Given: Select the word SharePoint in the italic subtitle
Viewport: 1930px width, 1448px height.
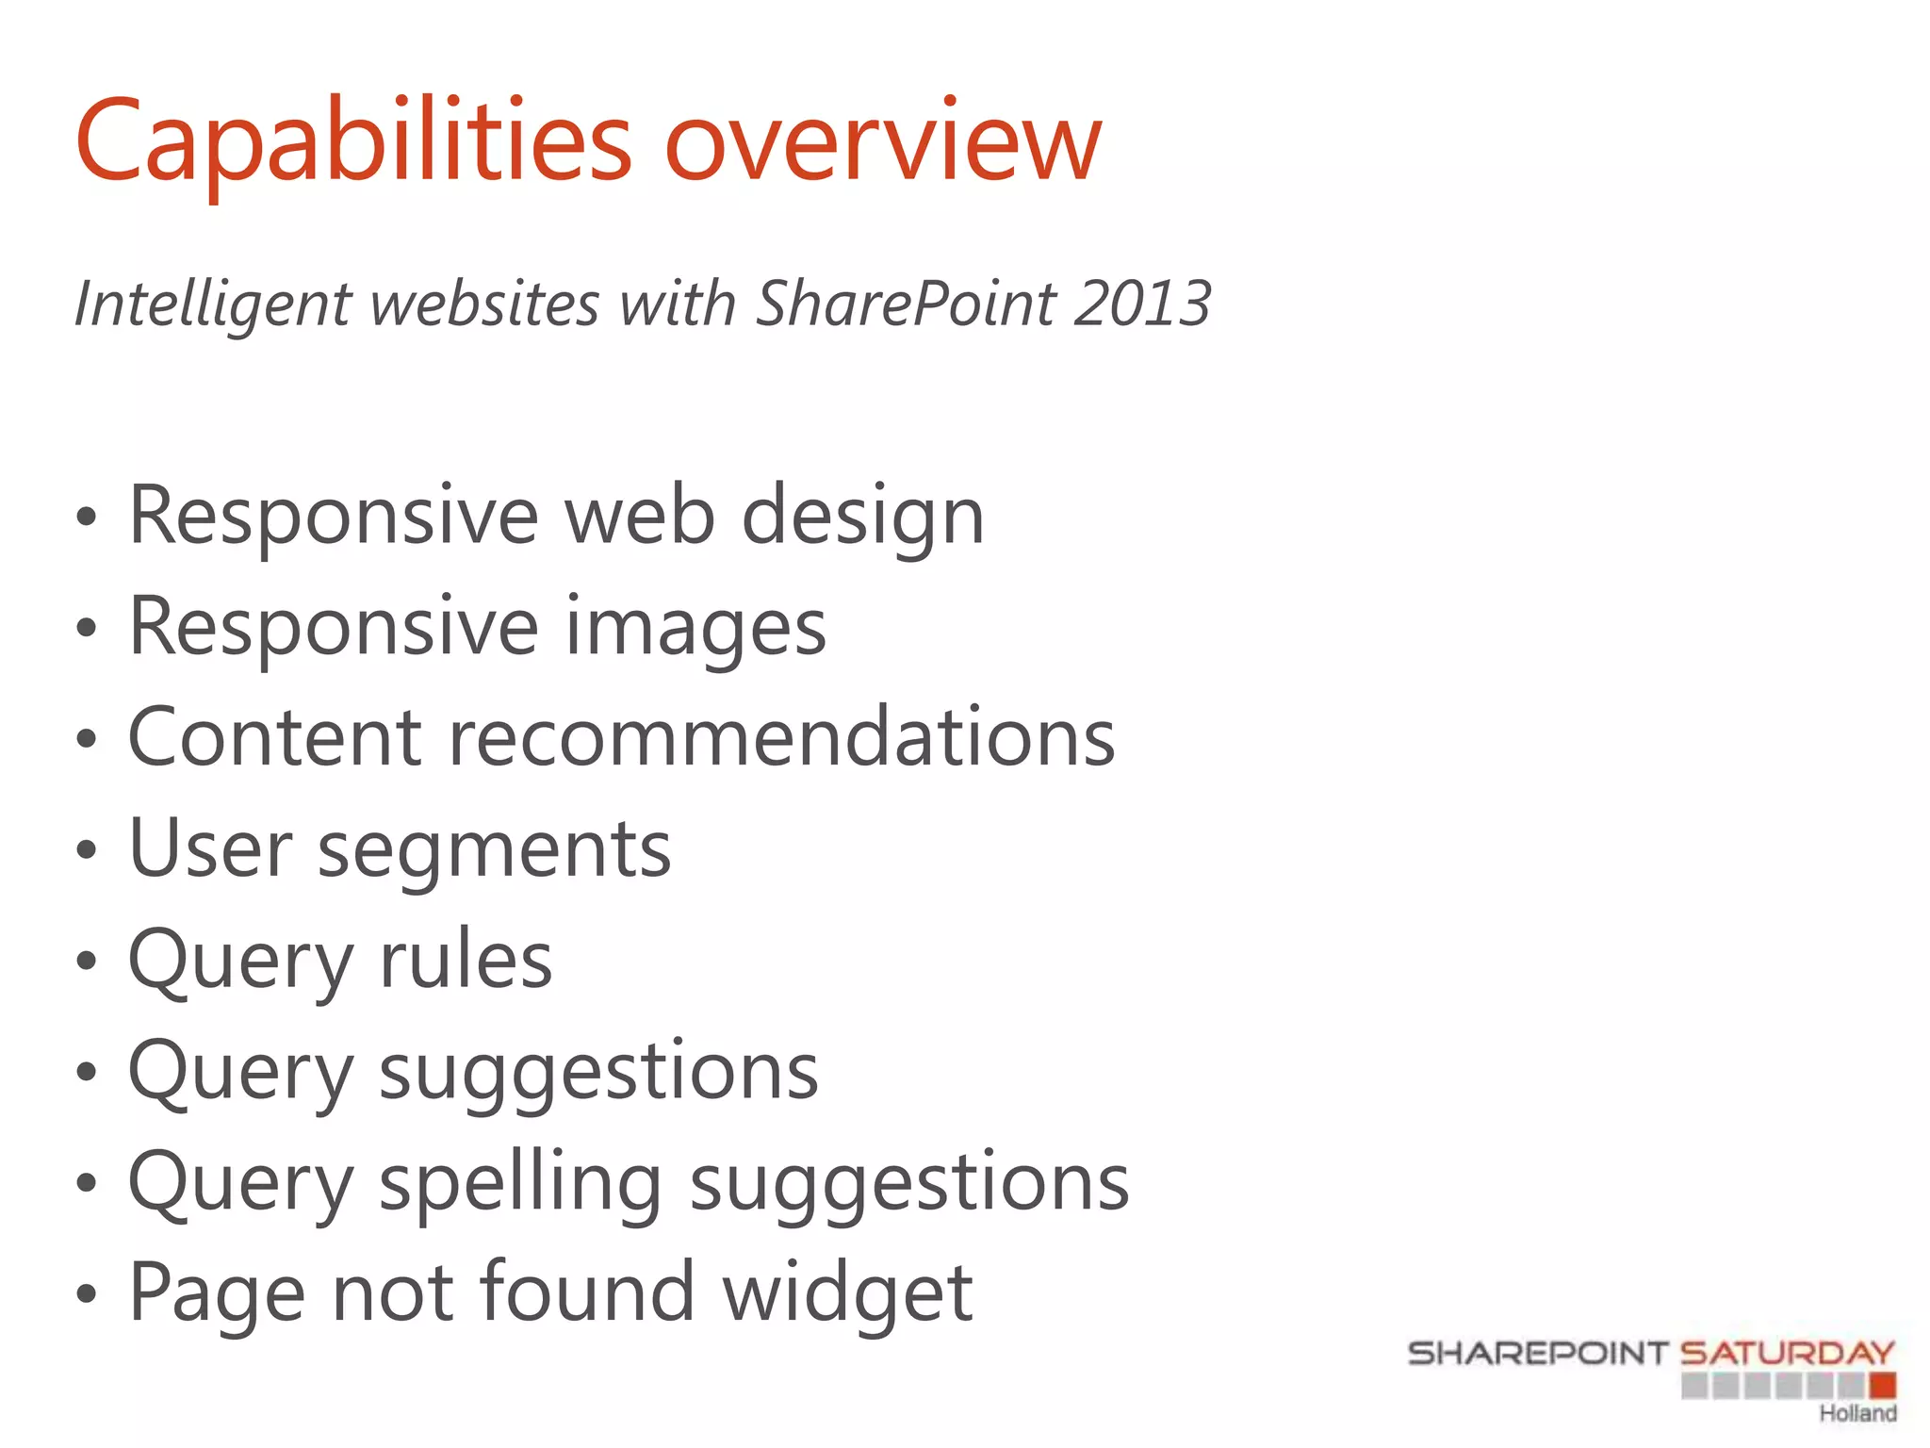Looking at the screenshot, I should (x=906, y=304).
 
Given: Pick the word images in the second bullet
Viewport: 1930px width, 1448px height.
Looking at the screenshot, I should (x=695, y=628).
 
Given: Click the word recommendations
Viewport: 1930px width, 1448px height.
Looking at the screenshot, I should (x=781, y=737).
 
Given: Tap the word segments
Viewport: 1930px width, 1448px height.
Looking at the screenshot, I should (x=494, y=849).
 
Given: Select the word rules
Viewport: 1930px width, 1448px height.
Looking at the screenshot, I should (x=466, y=960).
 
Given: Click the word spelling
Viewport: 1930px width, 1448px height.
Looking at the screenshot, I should (x=520, y=1184).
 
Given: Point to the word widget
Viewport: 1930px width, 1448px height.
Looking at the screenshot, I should (x=847, y=1293).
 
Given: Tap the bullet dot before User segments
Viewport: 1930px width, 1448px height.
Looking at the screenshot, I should (x=87, y=851).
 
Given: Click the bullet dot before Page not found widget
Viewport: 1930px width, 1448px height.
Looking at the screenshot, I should (x=87, y=1294).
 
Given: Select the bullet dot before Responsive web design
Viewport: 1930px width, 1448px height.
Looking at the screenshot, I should (x=87, y=518).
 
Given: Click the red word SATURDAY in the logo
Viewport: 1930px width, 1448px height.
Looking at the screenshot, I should (x=1787, y=1353).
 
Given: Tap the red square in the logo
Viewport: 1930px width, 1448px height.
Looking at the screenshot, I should (x=1882, y=1385).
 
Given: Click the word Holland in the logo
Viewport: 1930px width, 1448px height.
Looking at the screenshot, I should (x=1856, y=1413).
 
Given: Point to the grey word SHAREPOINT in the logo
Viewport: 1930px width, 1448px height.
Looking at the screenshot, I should (x=1538, y=1353).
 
